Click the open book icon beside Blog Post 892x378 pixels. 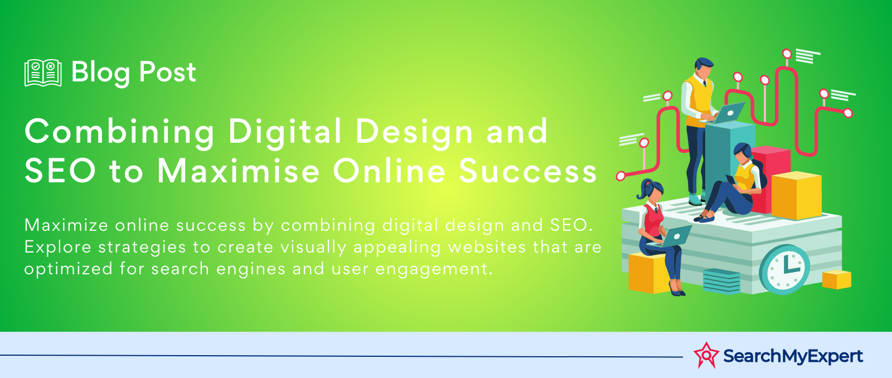click(x=43, y=72)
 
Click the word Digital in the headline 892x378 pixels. click(x=285, y=131)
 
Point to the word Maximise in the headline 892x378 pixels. click(x=239, y=171)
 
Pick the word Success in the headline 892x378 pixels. click(x=527, y=171)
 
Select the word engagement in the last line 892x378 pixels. click(x=434, y=269)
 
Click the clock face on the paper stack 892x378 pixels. click(x=784, y=270)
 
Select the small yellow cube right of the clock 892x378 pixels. click(x=837, y=279)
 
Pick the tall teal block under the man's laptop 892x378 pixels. click(x=729, y=159)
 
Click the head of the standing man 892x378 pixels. click(x=704, y=68)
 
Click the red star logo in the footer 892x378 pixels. click(x=706, y=355)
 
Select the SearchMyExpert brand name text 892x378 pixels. click(x=793, y=356)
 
